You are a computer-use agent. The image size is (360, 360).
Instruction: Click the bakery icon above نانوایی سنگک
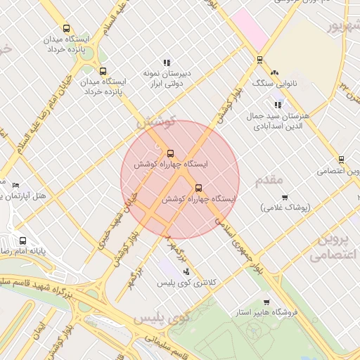[274, 72]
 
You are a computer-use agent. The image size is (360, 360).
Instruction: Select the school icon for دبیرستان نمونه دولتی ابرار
[167, 63]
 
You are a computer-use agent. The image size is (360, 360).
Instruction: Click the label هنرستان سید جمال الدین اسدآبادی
[278, 120]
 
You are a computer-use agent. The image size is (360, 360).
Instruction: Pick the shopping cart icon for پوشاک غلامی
[284, 198]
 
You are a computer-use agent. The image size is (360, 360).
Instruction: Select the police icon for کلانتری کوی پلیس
[186, 271]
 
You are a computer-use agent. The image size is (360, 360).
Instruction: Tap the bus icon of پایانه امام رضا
[23, 240]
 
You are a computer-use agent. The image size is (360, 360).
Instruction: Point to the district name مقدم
[269, 181]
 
